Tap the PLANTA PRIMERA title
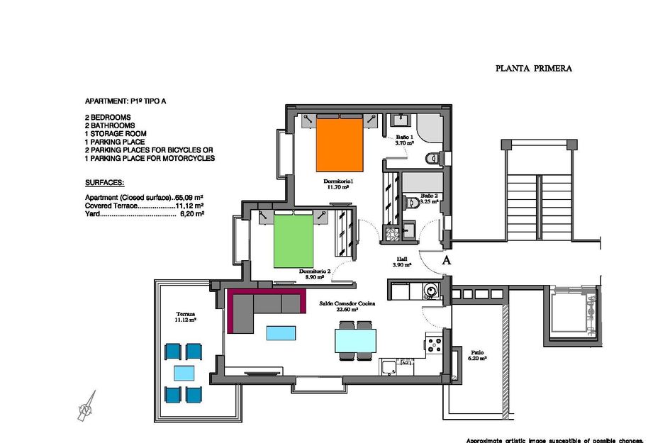(533, 69)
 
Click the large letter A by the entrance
(447, 260)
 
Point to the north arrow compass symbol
(86, 406)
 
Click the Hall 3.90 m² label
(402, 262)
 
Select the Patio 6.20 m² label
(479, 355)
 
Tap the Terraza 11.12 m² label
(186, 317)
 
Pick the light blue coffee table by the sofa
(282, 332)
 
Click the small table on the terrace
(184, 373)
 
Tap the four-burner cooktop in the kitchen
(435, 345)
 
